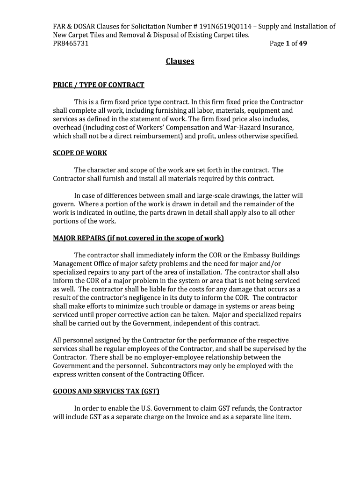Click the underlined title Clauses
click(180, 61)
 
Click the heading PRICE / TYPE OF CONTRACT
click(98, 85)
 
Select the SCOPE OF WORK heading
click(80, 153)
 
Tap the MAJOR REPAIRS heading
click(138, 238)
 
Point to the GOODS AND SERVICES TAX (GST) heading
click(109, 391)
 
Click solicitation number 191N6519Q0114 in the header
click(225, 26)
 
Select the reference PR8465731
click(71, 44)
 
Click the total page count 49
click(303, 44)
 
